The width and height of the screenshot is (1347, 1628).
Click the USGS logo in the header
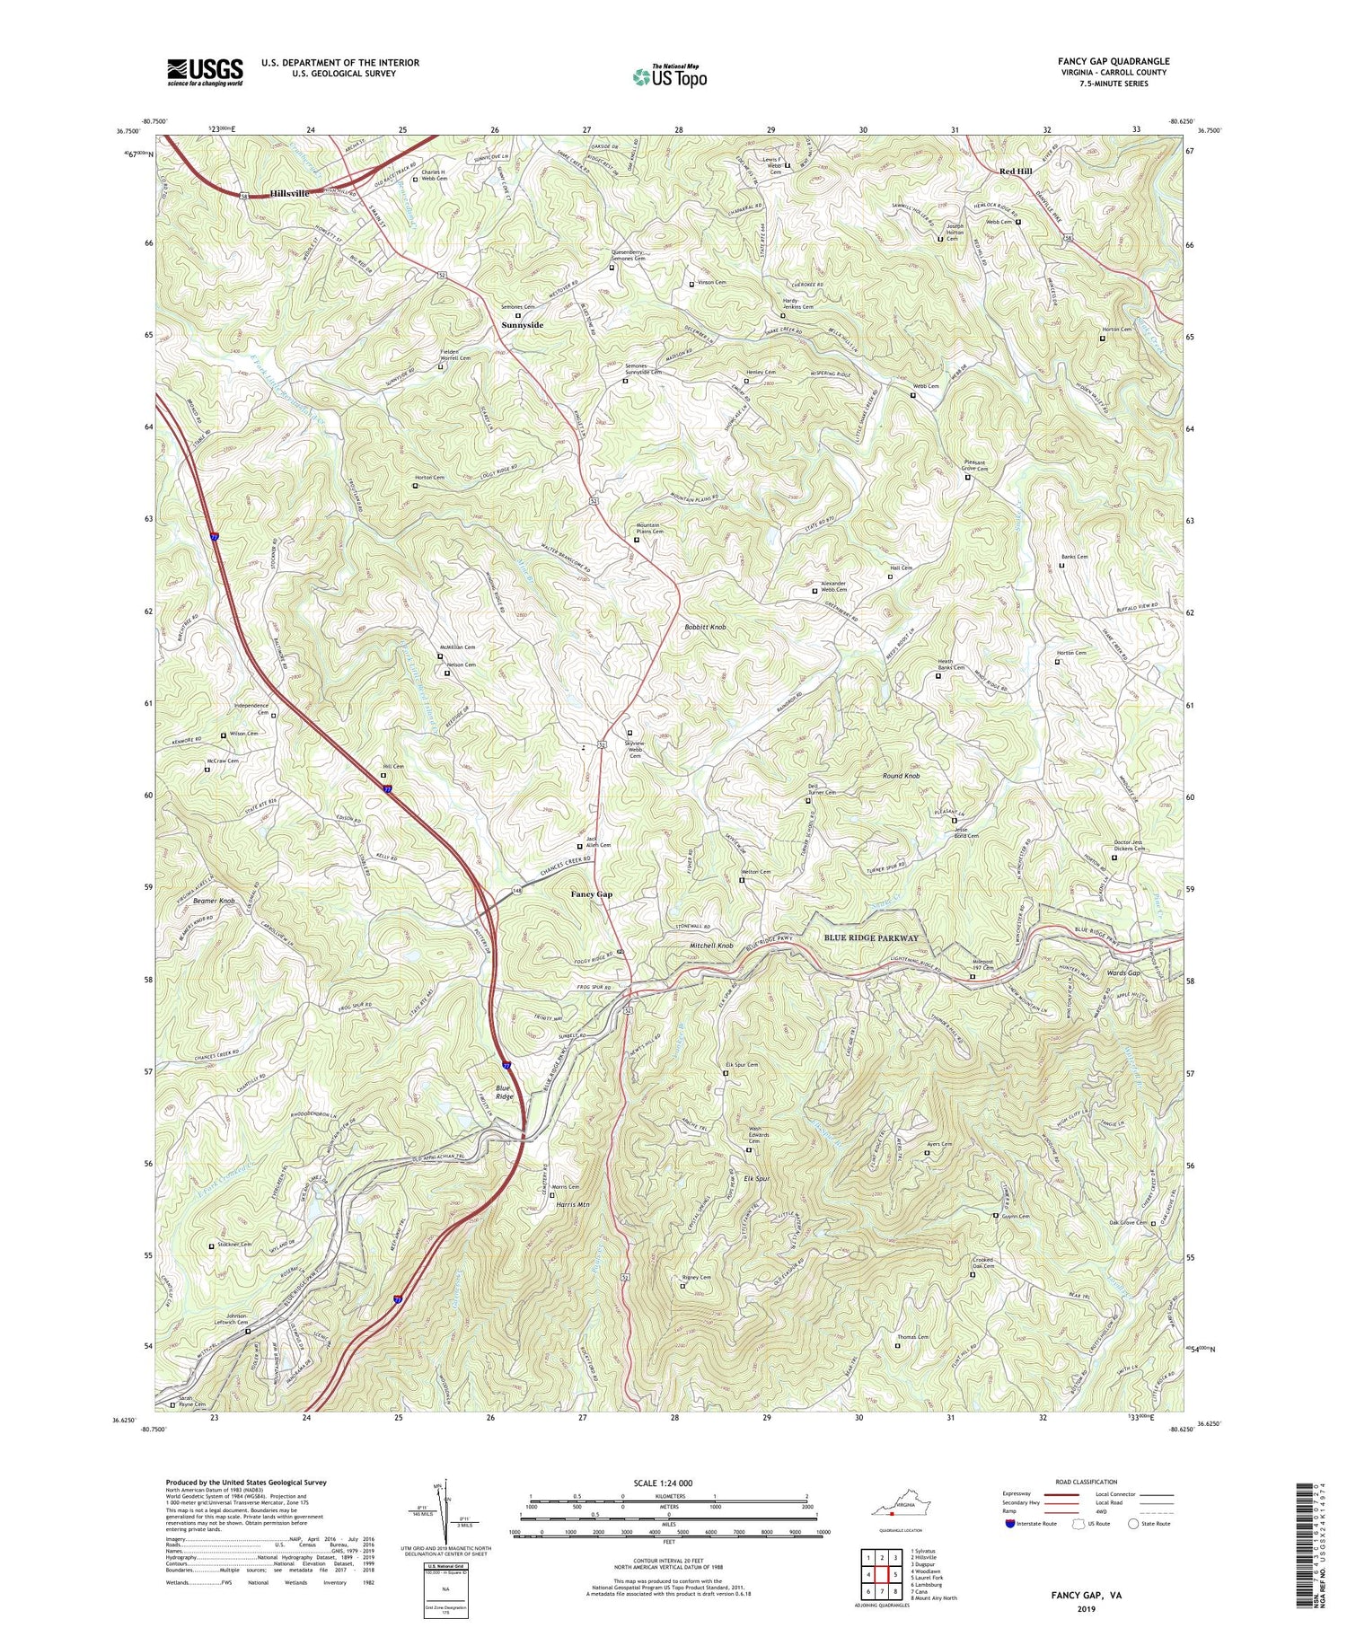(x=205, y=72)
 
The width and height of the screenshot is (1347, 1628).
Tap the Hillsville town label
(x=289, y=193)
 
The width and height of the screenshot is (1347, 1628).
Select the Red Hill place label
(x=1016, y=171)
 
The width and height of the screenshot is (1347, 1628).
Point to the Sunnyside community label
(x=522, y=325)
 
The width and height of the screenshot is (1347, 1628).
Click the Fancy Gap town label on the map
(x=592, y=894)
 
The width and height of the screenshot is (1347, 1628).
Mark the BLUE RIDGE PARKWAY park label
(x=871, y=937)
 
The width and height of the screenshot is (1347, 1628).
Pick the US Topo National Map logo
(x=669, y=76)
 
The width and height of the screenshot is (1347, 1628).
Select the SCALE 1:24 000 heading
(x=667, y=1483)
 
